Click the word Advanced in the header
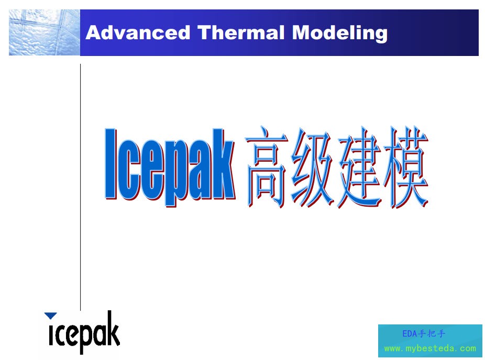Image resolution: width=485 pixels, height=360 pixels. [x=138, y=32]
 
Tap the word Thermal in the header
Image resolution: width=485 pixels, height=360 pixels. [x=241, y=32]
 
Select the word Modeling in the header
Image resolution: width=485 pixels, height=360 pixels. [x=339, y=33]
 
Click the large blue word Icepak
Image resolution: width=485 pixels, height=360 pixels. [x=170, y=167]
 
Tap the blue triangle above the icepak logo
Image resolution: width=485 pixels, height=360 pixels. [x=50, y=316]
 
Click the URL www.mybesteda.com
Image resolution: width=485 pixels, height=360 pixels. [x=430, y=348]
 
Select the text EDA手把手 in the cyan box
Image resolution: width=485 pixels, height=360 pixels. [x=424, y=334]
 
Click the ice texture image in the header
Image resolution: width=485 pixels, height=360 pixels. [x=45, y=32]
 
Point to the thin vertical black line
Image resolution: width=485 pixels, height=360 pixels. [x=81, y=187]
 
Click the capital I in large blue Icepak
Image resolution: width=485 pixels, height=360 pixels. [x=111, y=163]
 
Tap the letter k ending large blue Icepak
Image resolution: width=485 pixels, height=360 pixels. [x=224, y=163]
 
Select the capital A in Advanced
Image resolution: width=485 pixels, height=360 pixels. [x=93, y=32]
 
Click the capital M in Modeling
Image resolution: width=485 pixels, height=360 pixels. [x=302, y=32]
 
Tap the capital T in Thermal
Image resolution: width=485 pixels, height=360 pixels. [x=205, y=32]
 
